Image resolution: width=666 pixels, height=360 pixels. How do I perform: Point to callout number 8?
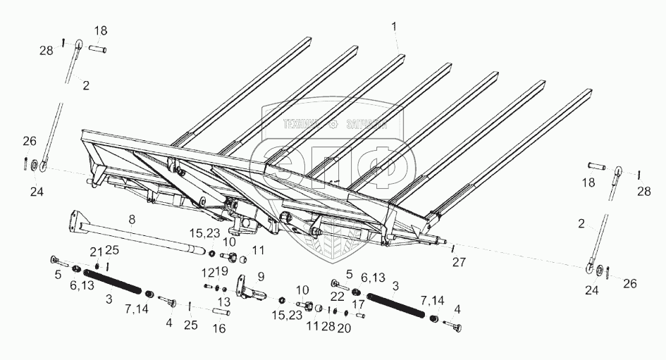tap(132, 220)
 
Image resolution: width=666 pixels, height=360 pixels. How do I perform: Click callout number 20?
tap(344, 328)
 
